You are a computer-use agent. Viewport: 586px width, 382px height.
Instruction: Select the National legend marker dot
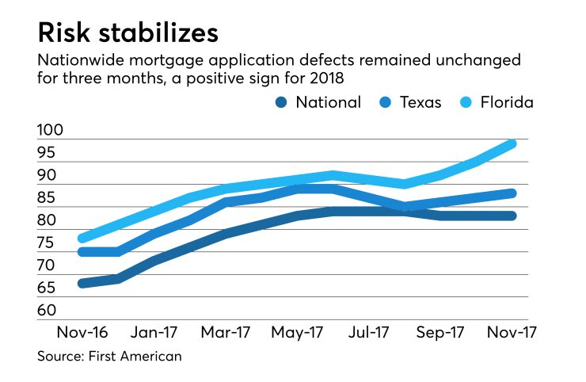click(280, 102)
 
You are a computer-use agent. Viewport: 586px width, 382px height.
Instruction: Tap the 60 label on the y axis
click(48, 311)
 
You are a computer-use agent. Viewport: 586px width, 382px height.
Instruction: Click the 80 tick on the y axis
click(48, 220)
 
